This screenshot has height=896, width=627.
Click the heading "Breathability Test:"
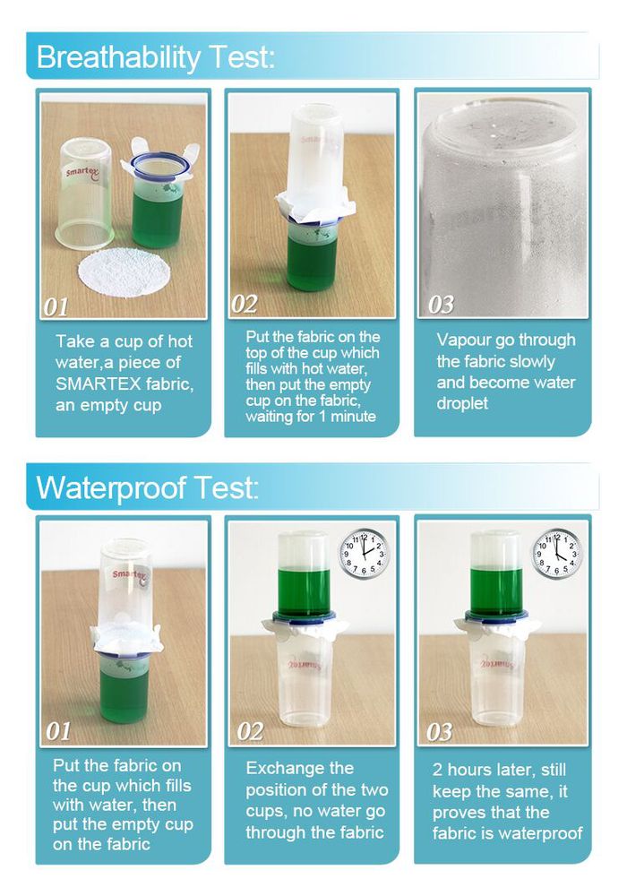[155, 57]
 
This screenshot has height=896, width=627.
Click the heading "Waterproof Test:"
[147, 488]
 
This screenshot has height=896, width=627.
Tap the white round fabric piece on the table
[125, 272]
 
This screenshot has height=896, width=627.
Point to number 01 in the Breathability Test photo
[56, 307]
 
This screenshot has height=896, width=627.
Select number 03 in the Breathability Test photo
[441, 305]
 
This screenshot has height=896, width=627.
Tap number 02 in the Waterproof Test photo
[250, 732]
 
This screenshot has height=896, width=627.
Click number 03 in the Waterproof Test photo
[439, 732]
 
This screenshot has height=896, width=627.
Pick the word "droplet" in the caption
[462, 403]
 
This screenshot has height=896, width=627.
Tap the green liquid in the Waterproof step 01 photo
[123, 692]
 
